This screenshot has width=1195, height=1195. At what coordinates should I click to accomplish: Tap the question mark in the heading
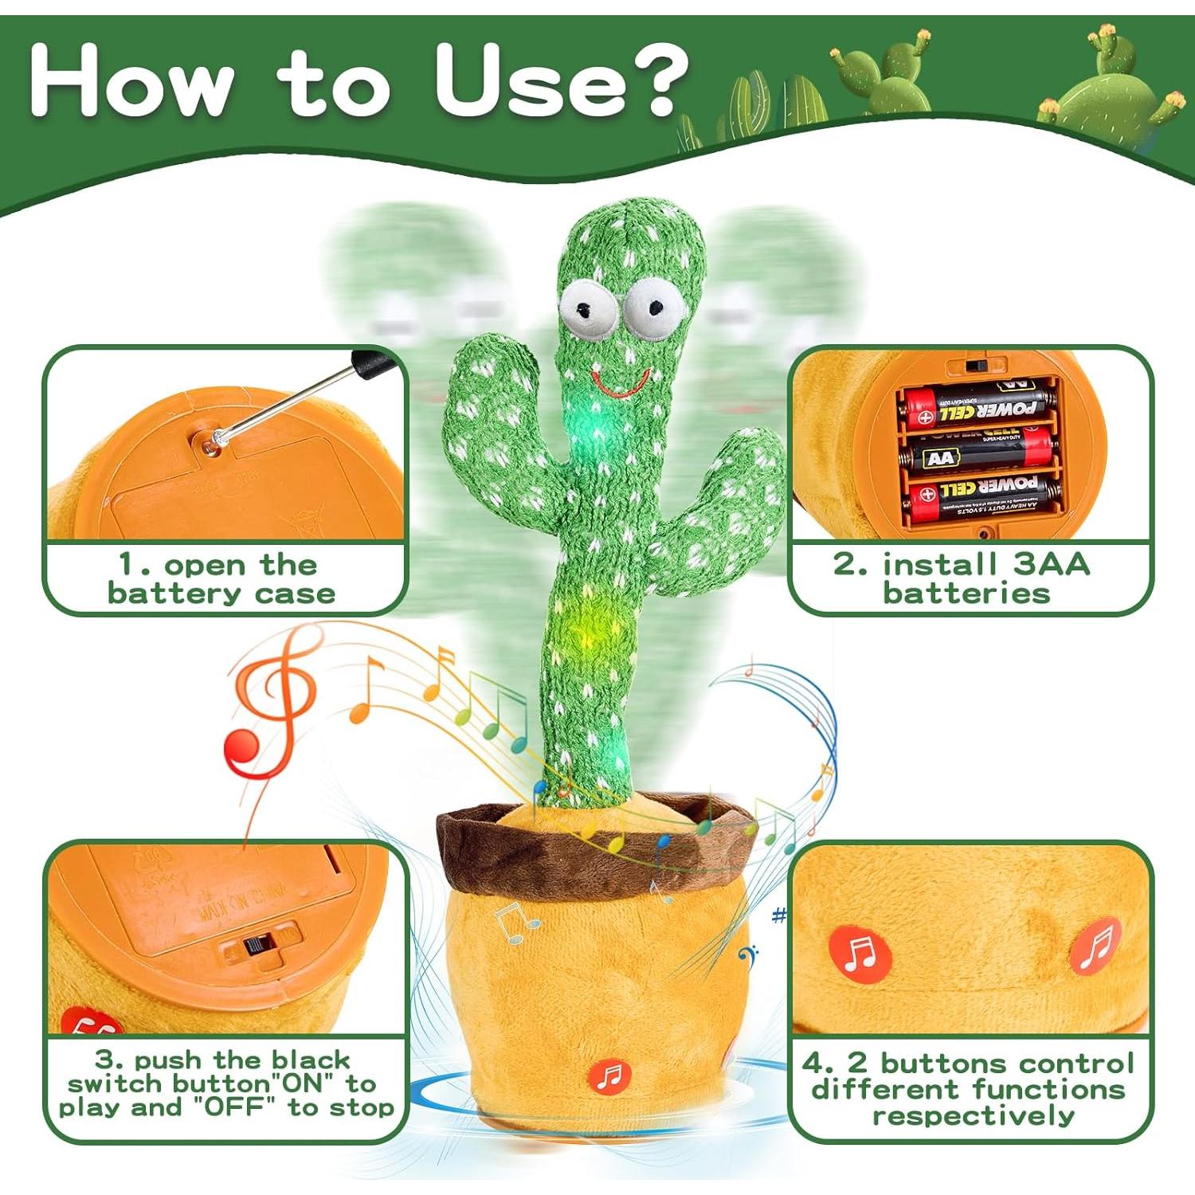[653, 80]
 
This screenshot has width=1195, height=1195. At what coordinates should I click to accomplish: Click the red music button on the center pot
[609, 1077]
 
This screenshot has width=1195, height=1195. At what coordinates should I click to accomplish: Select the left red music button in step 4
[859, 953]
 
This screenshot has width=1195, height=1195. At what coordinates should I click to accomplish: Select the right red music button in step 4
[1096, 946]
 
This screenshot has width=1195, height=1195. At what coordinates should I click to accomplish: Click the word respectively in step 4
[973, 1115]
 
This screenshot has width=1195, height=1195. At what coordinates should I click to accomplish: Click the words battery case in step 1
[221, 594]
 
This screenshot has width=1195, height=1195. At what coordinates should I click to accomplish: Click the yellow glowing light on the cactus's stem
[591, 629]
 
